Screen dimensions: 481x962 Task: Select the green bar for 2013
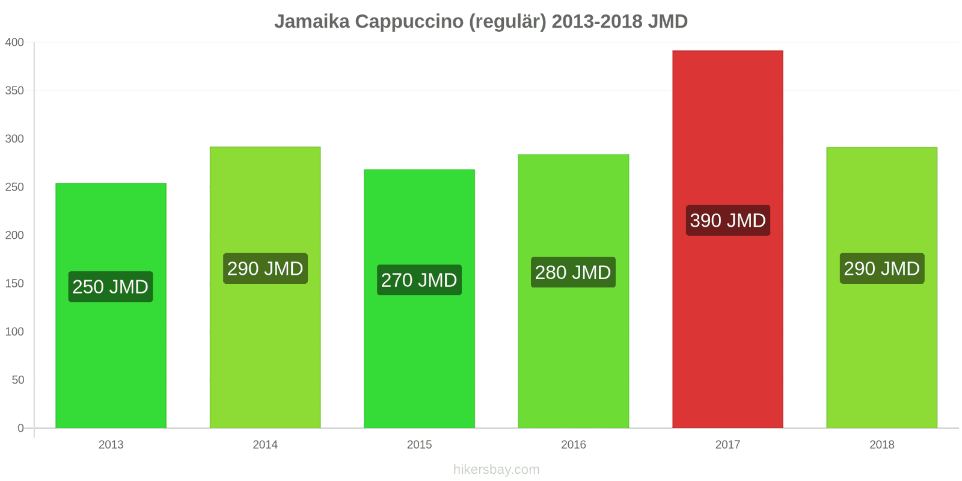[111, 361]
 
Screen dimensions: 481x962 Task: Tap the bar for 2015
[419, 361]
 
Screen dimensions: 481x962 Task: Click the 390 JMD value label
[728, 221]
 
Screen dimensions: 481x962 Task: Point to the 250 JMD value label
[111, 287]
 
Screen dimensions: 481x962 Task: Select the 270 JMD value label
[419, 280]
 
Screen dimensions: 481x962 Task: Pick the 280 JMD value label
[573, 272]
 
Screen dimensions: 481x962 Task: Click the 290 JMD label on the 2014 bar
[265, 269]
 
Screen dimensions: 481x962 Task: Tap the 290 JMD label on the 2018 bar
[881, 269]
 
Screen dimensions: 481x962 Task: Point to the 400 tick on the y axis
[14, 43]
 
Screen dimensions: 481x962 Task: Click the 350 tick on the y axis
[14, 91]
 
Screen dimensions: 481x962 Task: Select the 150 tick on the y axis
[14, 283]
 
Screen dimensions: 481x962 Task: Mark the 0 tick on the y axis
[20, 428]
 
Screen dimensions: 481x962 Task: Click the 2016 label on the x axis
[573, 445]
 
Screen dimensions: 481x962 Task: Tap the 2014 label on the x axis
[265, 445]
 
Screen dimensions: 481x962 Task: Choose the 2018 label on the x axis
[881, 445]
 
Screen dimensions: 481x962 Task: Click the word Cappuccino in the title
[409, 22]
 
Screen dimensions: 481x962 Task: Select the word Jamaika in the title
[312, 22]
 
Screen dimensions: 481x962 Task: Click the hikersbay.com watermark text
[497, 470]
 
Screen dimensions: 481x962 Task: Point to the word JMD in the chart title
[668, 22]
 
